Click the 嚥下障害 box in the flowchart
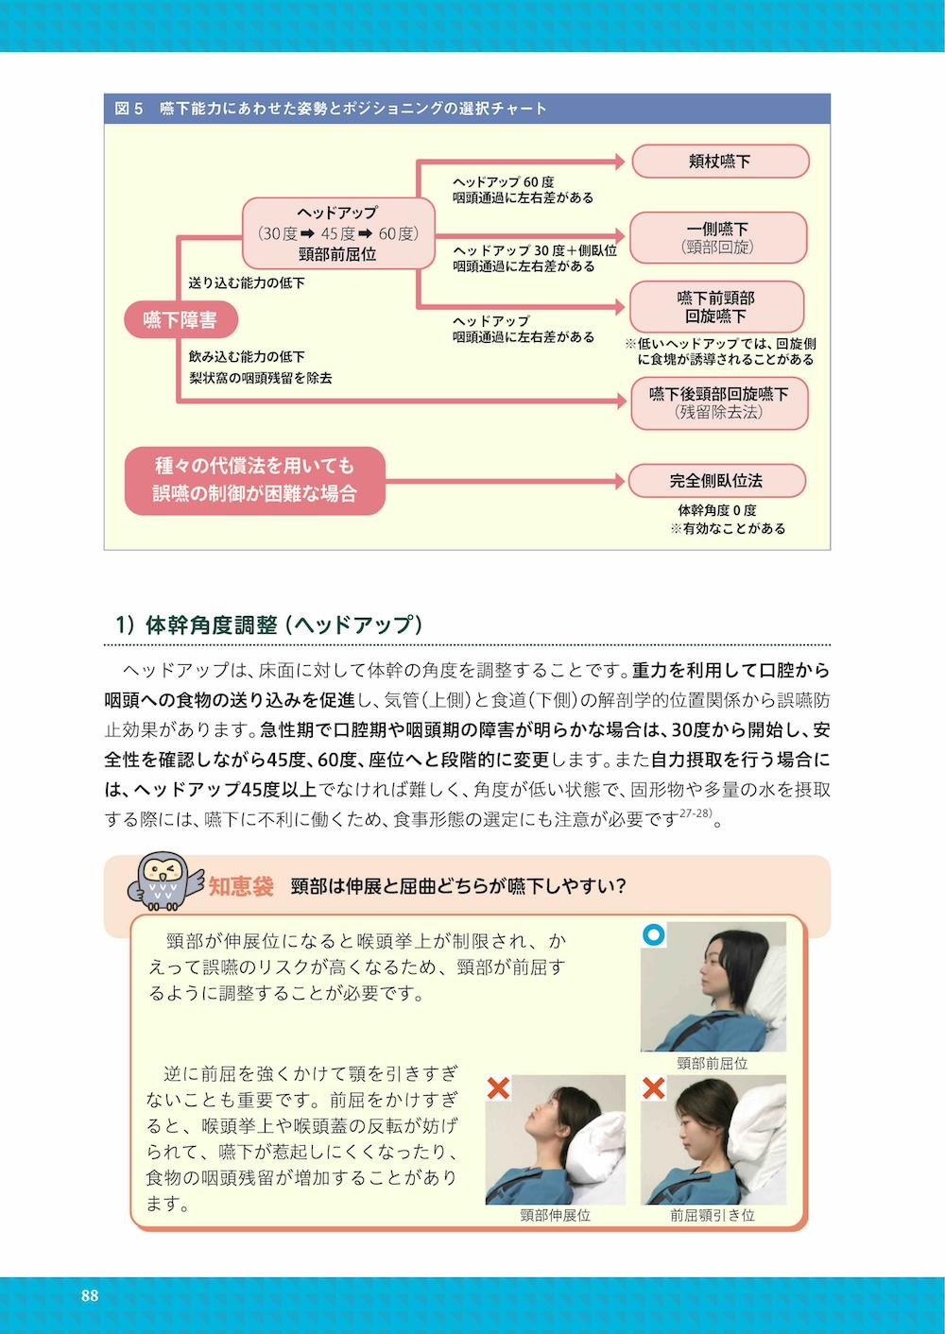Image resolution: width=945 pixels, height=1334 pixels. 180,320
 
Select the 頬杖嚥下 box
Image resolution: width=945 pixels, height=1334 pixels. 720,162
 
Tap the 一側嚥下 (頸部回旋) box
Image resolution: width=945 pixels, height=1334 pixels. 718,237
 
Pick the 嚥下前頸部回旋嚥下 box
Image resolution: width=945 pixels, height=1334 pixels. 715,307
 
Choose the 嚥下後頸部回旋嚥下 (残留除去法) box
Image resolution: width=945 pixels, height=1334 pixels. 719,402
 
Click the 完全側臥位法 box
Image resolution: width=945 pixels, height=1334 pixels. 716,481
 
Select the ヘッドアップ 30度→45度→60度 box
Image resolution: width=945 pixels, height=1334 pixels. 336,233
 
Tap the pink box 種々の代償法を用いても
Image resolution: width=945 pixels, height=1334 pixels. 255,480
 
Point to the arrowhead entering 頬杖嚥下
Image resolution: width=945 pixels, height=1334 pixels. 620,162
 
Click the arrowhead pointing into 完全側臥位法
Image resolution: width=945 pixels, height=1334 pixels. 620,481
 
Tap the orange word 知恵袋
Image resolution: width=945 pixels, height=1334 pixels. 241,886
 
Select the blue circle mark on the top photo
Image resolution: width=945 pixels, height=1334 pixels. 653,935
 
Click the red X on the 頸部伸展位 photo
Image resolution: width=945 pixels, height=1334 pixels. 498,1088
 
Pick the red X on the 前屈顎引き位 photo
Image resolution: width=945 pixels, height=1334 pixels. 653,1088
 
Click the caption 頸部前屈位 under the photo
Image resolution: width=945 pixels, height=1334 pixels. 713,1063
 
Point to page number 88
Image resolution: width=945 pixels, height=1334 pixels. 90,1295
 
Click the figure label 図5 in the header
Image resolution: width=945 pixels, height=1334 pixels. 129,109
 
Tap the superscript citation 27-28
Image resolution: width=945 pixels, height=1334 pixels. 696,812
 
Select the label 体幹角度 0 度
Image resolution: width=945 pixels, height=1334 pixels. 717,510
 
